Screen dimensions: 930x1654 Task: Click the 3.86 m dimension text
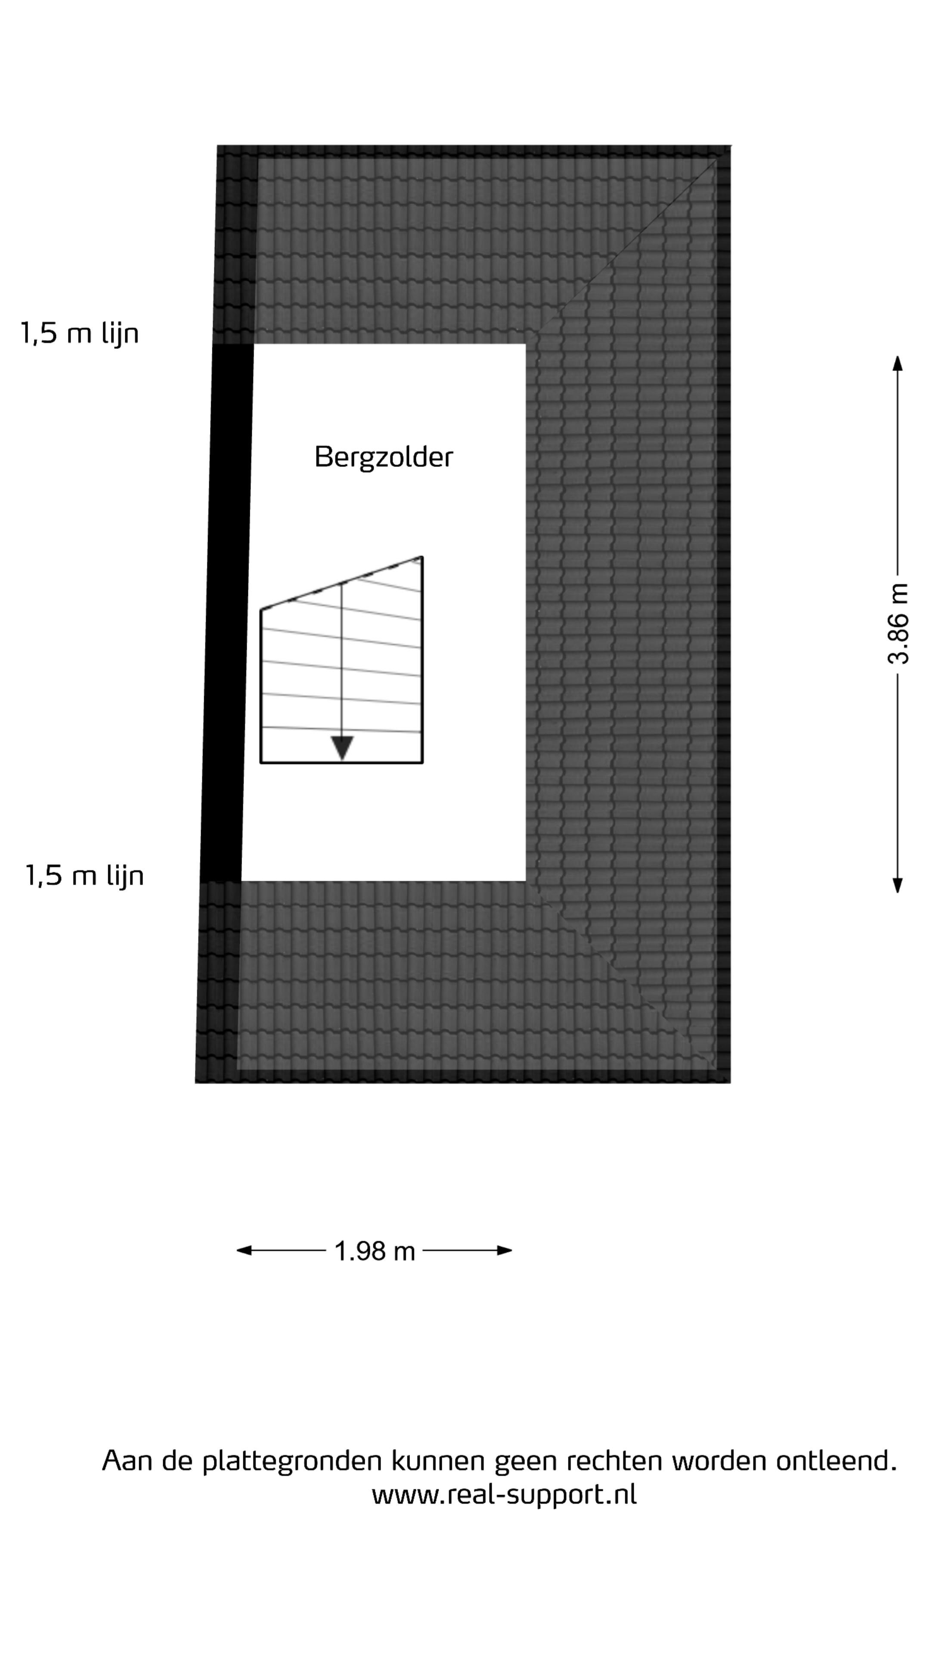click(898, 623)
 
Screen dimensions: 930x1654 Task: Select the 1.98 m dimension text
click(375, 1251)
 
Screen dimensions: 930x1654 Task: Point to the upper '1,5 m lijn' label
click(80, 333)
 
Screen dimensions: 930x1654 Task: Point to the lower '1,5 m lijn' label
click(84, 875)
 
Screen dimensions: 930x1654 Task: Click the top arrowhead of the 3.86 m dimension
click(898, 364)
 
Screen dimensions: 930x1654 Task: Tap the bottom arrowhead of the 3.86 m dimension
click(898, 885)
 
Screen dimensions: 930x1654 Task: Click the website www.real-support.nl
click(504, 1494)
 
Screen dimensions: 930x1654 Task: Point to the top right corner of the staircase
click(422, 557)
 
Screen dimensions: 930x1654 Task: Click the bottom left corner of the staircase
click(260, 763)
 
